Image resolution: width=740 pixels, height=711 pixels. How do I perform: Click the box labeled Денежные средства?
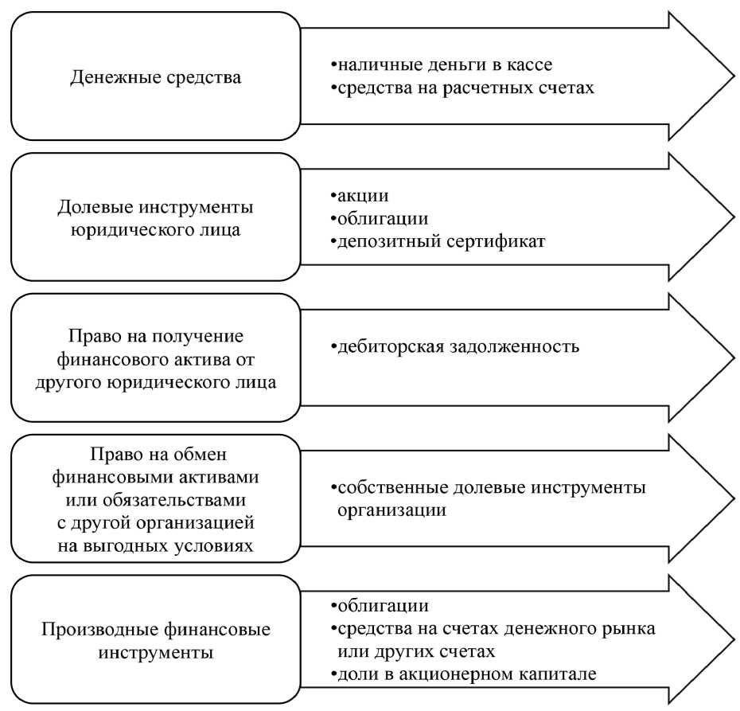pyautogui.click(x=156, y=77)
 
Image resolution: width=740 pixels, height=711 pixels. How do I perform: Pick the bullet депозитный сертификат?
pyautogui.click(x=438, y=241)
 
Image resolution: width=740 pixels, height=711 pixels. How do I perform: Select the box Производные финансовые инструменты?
pyautogui.click(x=156, y=640)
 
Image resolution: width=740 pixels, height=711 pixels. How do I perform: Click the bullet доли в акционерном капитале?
pyautogui.click(x=465, y=674)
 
